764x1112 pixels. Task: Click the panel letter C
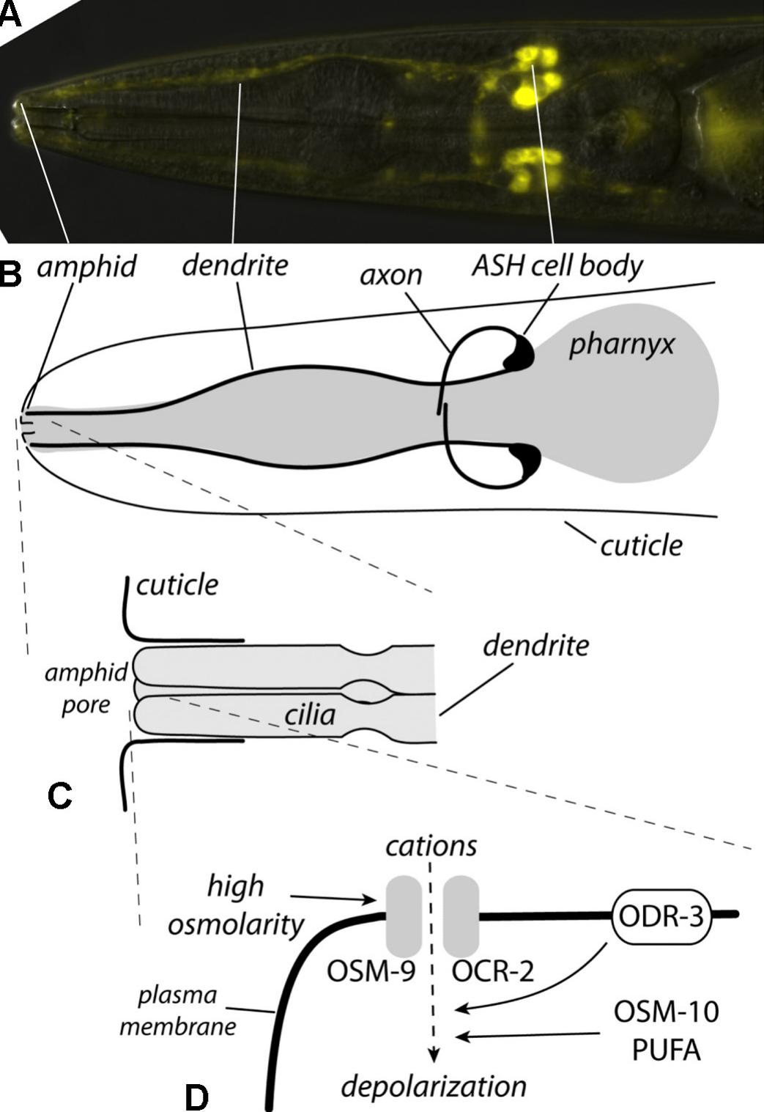coord(59,795)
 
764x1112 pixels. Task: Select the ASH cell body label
coord(557,265)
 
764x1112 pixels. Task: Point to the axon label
coord(391,274)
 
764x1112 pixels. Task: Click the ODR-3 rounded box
coord(661,916)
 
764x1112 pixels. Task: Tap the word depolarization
coord(434,1086)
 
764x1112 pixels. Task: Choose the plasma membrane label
coord(178,1010)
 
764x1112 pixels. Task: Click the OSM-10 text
coord(666,1012)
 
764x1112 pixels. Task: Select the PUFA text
coord(666,1050)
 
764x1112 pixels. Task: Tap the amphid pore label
coord(86,688)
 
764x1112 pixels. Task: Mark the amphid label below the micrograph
coord(86,266)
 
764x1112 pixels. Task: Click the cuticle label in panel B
coord(641,545)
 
